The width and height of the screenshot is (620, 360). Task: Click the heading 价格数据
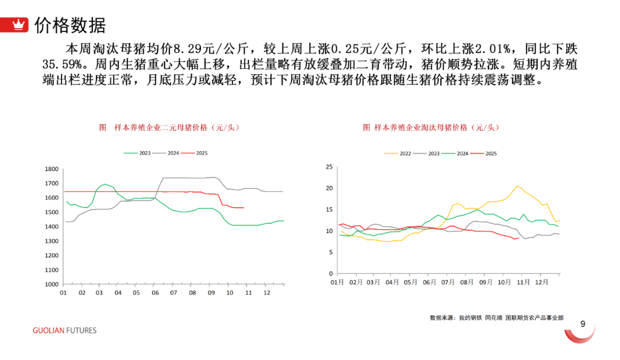tap(70, 25)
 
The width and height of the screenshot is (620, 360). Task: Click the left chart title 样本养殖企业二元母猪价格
tap(169, 127)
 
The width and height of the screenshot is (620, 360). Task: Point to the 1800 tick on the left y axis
tap(51, 169)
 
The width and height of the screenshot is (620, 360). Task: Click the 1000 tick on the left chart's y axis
tap(51, 284)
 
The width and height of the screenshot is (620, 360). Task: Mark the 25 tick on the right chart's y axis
tap(329, 167)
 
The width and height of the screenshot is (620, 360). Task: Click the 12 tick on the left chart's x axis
tap(266, 293)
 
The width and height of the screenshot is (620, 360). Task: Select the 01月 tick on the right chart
tap(337, 282)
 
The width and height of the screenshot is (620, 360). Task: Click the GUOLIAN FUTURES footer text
tap(64, 331)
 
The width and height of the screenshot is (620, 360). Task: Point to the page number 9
tap(583, 324)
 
